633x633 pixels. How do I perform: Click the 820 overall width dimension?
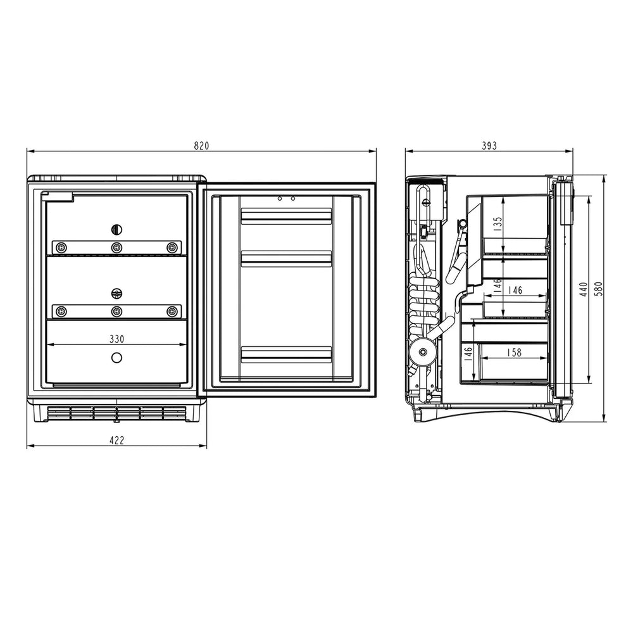coord(201,146)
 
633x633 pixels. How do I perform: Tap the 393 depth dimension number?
coord(489,146)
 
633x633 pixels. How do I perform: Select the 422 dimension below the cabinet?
coord(116,440)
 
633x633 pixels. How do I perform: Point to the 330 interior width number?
coord(116,339)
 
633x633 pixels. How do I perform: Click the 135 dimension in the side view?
coord(498,224)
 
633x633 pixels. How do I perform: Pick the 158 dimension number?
coord(514,353)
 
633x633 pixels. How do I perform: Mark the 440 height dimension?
coord(584,289)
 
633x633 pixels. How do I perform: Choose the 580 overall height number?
coord(599,289)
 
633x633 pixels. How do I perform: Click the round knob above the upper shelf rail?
coord(116,230)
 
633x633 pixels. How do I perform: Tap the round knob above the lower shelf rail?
coord(116,294)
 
